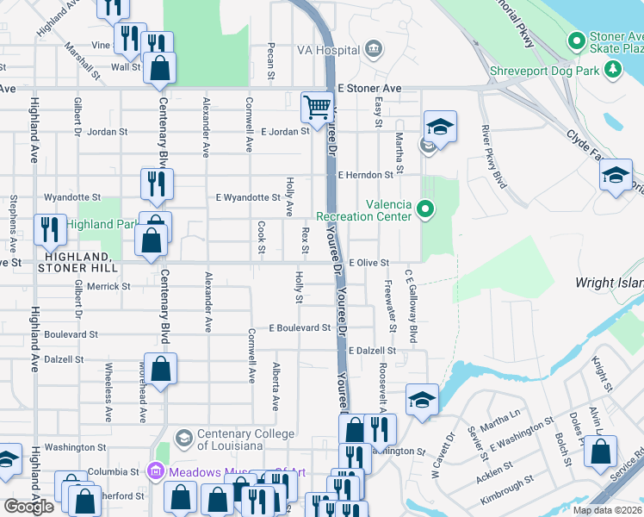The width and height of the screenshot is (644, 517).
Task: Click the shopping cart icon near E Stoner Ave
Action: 317,107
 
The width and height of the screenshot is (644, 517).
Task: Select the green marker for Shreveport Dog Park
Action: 614,70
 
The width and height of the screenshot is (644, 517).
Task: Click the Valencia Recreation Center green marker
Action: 424,209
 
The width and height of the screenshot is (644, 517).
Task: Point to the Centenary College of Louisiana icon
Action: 183,438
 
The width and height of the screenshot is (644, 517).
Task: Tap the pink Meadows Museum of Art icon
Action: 155,471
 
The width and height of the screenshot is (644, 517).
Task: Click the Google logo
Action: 28,507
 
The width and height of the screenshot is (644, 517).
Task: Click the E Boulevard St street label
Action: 299,328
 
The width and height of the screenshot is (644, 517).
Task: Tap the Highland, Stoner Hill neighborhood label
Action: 76,263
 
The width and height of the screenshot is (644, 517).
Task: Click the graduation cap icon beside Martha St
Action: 440,128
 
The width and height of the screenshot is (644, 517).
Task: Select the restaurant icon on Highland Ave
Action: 50,229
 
